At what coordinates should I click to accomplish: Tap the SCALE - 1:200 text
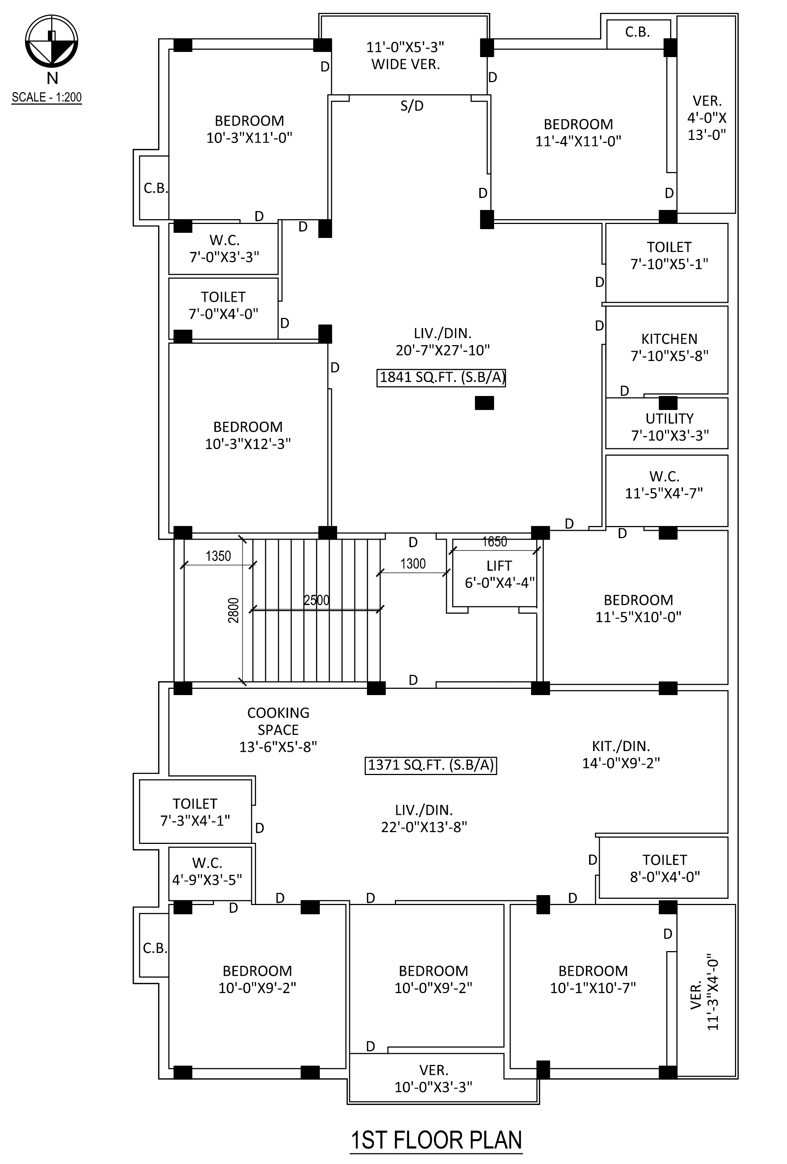tap(46, 97)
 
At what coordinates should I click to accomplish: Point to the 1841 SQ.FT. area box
tap(441, 377)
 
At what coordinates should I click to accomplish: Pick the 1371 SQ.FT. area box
tap(430, 765)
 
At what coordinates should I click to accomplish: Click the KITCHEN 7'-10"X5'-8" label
tap(669, 347)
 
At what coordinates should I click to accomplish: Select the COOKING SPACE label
tap(278, 729)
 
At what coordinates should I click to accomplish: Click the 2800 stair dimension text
tap(234, 610)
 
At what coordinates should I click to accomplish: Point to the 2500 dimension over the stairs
tap(316, 600)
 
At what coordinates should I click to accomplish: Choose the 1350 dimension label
tap(218, 556)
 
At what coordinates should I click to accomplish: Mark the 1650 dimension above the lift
tap(494, 541)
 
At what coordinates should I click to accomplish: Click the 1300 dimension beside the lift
tap(413, 564)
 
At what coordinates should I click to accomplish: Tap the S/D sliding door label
tap(412, 106)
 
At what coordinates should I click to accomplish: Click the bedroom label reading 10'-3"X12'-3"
tap(248, 435)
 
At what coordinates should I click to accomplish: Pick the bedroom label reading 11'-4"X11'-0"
tap(578, 133)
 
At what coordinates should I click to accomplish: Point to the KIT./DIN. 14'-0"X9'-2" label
tap(621, 754)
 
